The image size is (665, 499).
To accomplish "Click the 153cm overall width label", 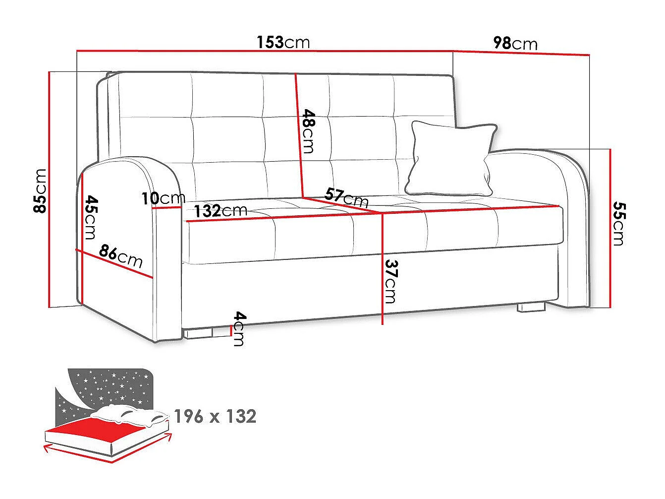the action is [x=283, y=43].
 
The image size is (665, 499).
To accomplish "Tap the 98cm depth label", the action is [x=515, y=43].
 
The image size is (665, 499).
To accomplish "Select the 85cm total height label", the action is [x=40, y=191].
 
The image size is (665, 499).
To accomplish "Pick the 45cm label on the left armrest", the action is [x=91, y=217].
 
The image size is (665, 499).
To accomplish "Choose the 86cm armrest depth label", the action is [x=120, y=256].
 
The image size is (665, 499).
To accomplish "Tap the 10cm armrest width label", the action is [x=164, y=198].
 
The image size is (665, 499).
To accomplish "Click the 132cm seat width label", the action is [x=221, y=211].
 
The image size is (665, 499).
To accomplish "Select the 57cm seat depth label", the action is [x=346, y=197].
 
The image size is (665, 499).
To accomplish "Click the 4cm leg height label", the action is [x=239, y=329].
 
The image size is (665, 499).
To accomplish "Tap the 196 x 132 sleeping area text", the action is [x=215, y=416].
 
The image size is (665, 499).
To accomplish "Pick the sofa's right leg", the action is [x=531, y=307].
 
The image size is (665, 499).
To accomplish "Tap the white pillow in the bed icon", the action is [x=130, y=414].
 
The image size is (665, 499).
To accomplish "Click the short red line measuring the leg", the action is [x=231, y=330].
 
